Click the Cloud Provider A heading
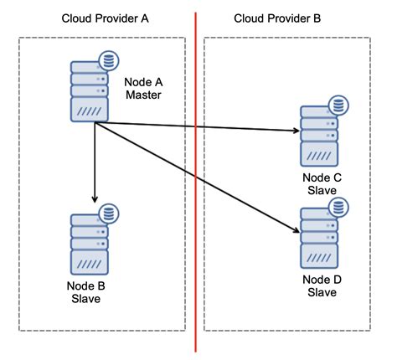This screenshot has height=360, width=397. click(x=106, y=18)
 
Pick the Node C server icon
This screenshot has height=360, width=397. click(x=320, y=136)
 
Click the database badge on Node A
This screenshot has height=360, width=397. click(x=107, y=61)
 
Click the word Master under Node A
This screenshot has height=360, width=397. click(x=142, y=95)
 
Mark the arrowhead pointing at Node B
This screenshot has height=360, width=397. click(x=94, y=198)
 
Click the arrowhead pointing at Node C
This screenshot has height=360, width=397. click(x=295, y=131)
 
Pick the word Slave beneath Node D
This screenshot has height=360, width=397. click(x=321, y=292)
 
